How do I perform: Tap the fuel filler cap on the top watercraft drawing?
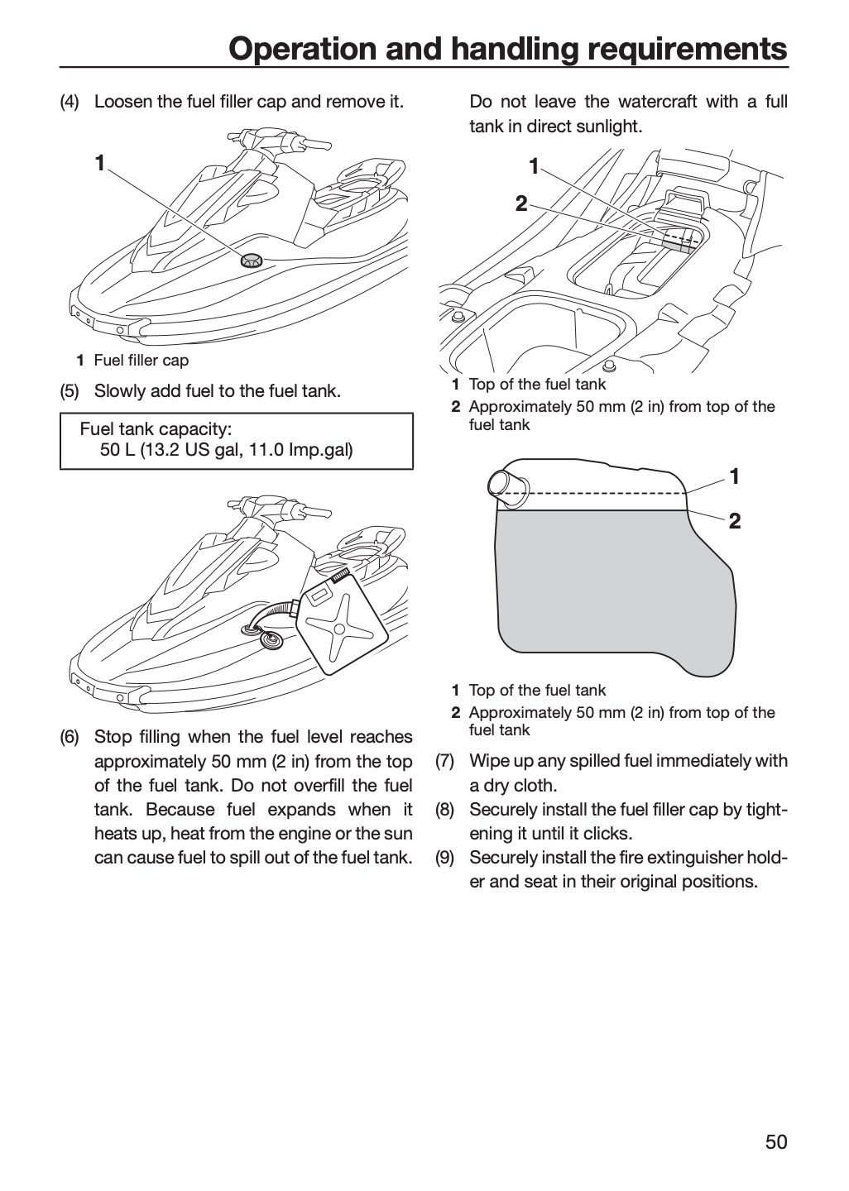coord(251,261)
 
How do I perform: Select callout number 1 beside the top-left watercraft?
coord(99,163)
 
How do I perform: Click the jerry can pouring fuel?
coord(346,620)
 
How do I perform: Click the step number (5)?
coord(70,390)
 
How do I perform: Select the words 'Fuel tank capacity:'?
coord(156,428)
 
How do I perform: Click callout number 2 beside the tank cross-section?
coord(735,521)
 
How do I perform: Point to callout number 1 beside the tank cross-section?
coord(735,476)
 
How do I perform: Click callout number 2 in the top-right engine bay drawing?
coord(521,203)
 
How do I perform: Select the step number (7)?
coord(445,761)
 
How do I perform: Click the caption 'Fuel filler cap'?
coord(141,361)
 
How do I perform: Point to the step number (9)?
coord(445,858)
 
